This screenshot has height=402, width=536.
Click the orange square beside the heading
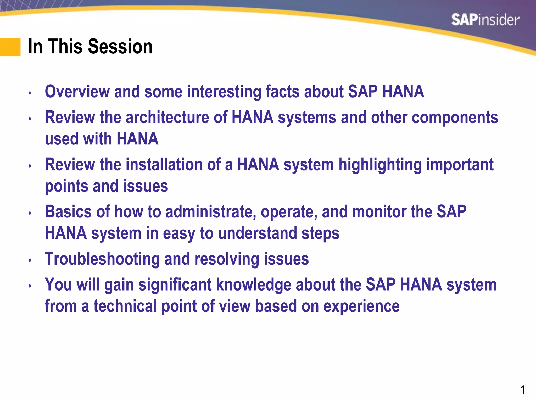(10, 47)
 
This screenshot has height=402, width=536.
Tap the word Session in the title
(120, 46)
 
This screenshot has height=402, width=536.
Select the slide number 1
(522, 390)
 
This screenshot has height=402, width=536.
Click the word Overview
(77, 92)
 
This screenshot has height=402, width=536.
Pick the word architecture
(167, 117)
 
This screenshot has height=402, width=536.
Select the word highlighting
(380, 165)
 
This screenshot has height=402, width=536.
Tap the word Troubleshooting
(102, 259)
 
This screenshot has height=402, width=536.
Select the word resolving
(227, 259)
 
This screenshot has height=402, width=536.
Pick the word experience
(361, 306)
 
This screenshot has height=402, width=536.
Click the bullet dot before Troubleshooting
(30, 260)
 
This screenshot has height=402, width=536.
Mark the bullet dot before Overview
(30, 93)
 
